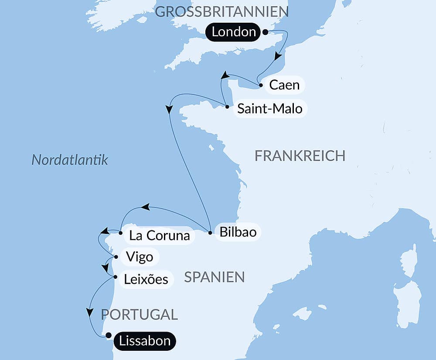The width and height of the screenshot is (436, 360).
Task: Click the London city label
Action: tap(234, 32)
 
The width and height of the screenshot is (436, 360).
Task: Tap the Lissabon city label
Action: tap(144, 340)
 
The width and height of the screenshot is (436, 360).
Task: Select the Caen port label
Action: tap(284, 85)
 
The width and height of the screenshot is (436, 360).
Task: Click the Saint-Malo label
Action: tap(269, 108)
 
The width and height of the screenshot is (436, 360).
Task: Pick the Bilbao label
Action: tap(238, 231)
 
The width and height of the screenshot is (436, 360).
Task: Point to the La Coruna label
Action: tap(159, 236)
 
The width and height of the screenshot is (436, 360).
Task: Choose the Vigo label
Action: tap(139, 257)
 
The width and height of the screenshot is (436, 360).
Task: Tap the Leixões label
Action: tap(146, 279)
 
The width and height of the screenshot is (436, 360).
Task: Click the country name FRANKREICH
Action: tap(300, 155)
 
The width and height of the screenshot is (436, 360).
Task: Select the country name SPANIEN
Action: tap(214, 277)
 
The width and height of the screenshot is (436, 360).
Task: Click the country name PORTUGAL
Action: tap(139, 314)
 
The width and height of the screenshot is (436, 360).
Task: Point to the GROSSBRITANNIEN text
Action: tap(216, 12)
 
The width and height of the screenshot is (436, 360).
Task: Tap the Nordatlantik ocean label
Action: tap(70, 160)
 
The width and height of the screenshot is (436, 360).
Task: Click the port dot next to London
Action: tap(265, 32)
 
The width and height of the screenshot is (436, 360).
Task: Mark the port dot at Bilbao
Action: tap(210, 233)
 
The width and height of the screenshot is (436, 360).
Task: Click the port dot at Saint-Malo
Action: tap(227, 106)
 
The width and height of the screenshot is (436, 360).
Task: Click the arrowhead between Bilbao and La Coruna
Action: tap(146, 207)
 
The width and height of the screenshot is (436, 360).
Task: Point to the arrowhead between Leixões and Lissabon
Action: tap(90, 312)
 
